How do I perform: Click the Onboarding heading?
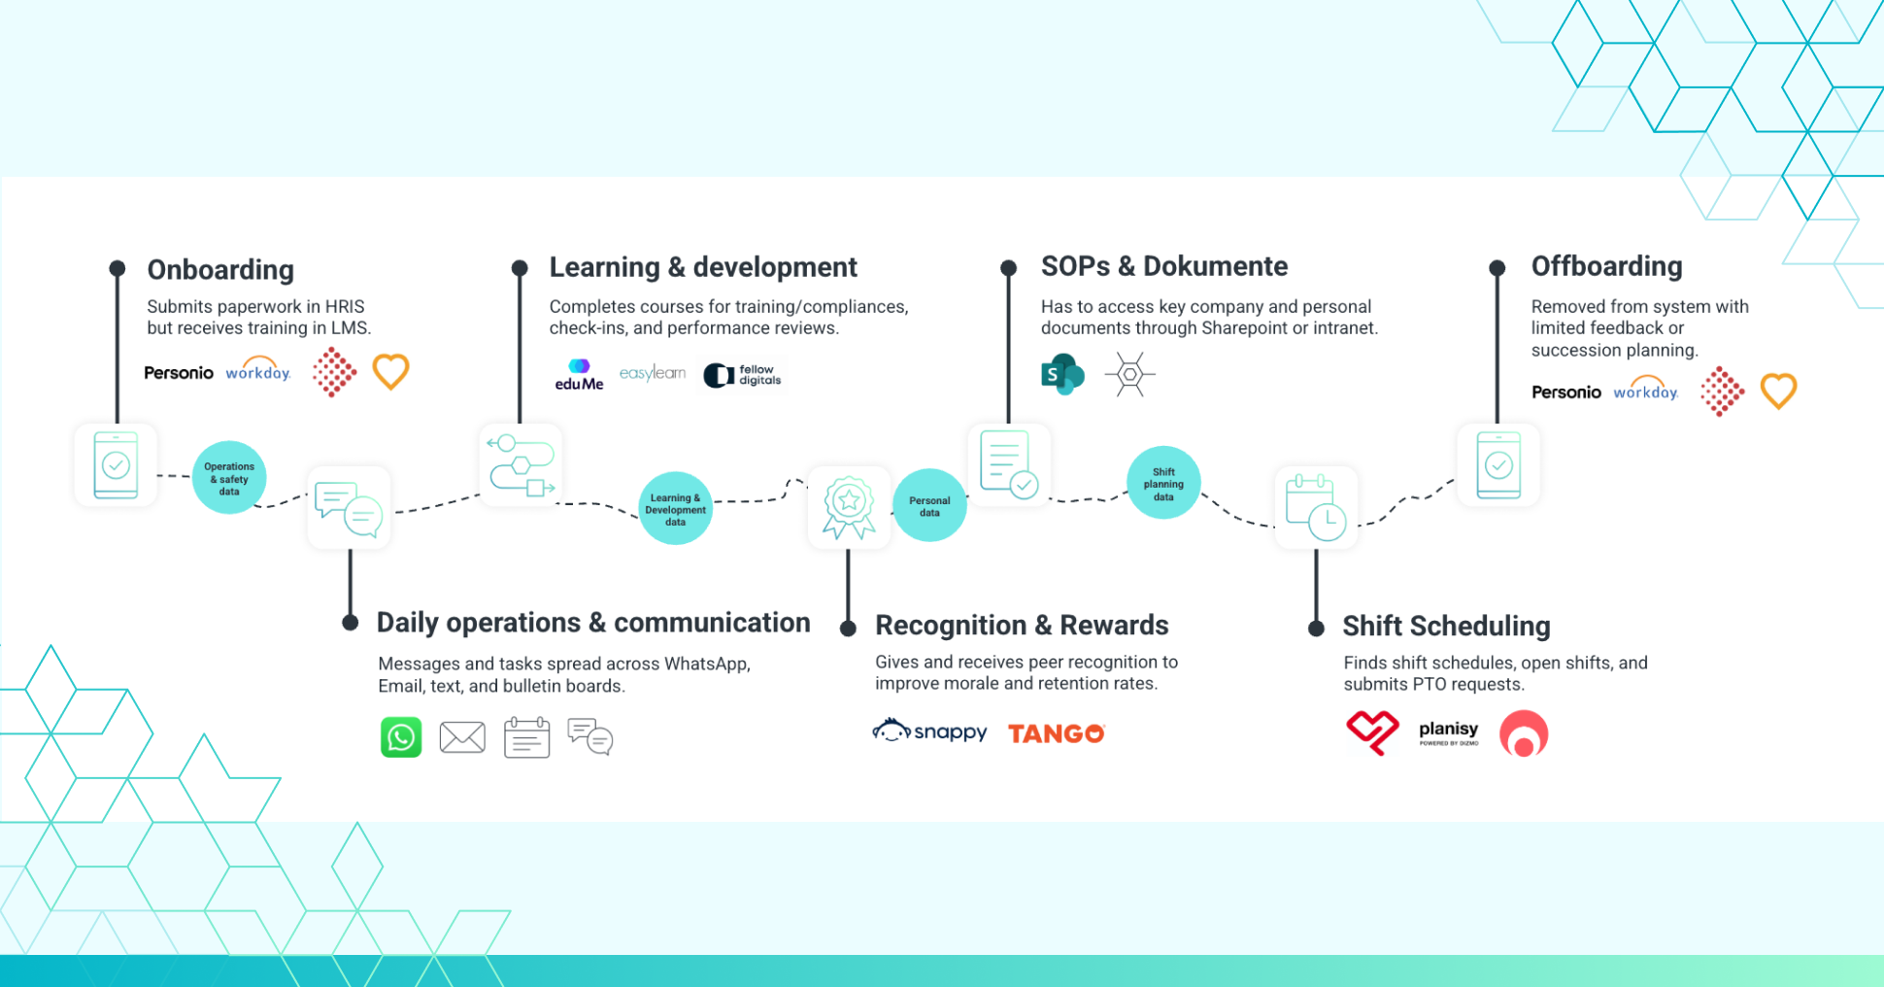220,270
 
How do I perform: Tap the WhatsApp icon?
401,737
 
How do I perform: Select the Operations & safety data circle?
229,478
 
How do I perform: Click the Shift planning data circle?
1163,483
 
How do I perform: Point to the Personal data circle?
929,505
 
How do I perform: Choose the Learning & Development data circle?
675,509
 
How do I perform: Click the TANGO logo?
1057,733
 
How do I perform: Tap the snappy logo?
929,731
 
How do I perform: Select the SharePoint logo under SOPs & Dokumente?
1062,374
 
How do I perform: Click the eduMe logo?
579,375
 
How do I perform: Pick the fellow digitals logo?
743,375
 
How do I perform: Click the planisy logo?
1448,732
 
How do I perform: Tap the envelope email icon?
462,737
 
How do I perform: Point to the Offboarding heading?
1606,266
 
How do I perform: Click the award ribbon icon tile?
849,507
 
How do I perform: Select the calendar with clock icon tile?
1316,507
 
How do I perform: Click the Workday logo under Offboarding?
1646,390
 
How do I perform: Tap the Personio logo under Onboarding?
179,373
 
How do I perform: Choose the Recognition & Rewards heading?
1022,626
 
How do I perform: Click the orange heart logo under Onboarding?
391,371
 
